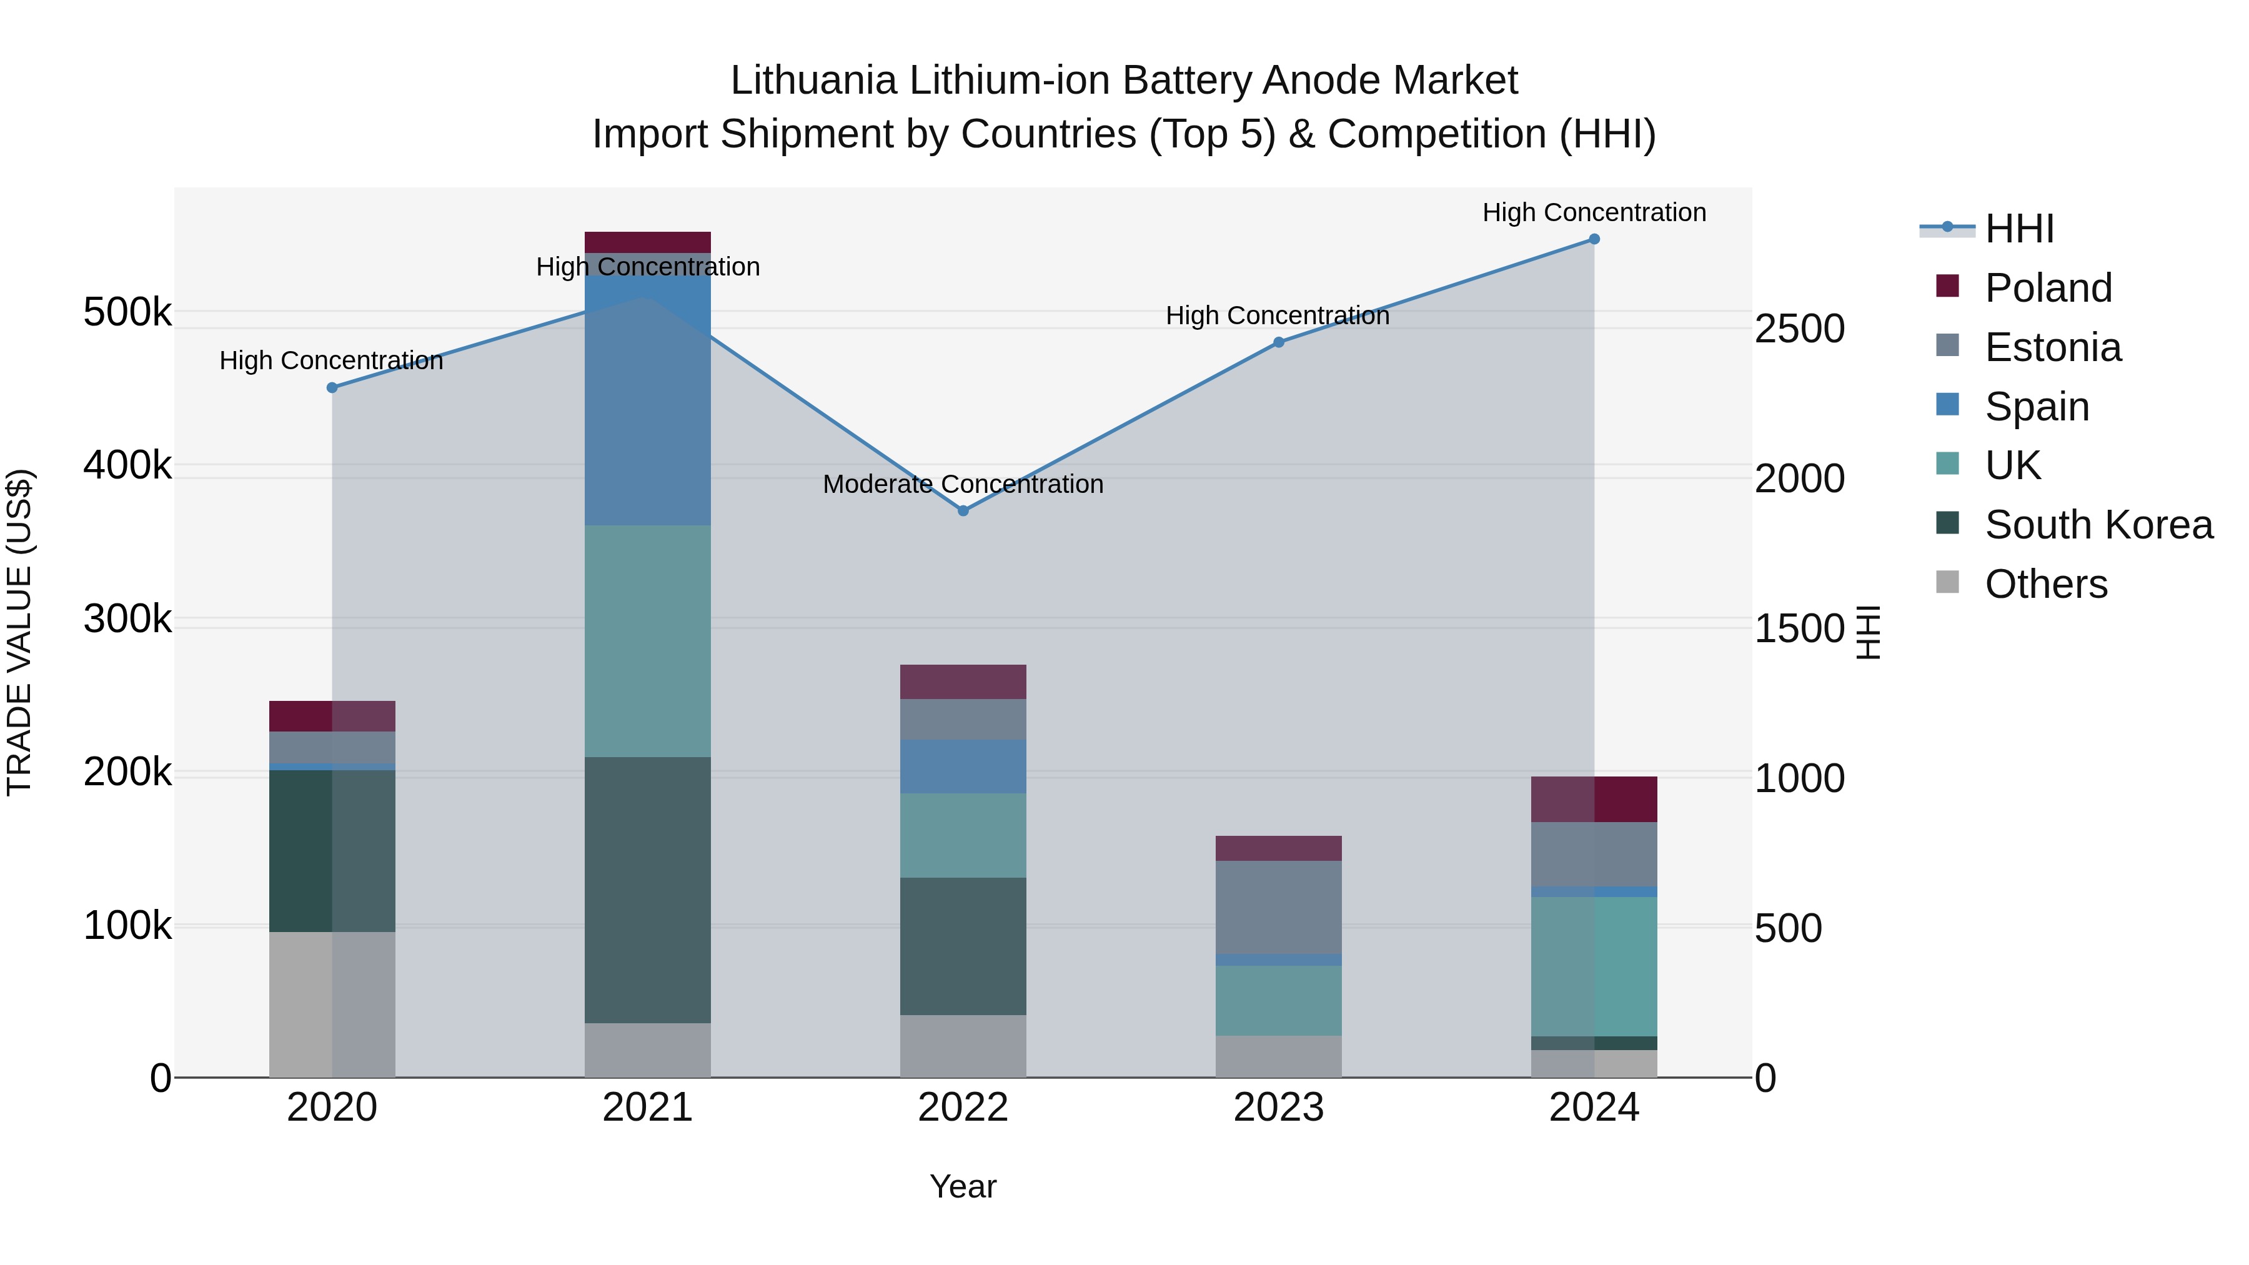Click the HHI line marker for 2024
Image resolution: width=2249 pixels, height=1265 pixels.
[x=1594, y=239]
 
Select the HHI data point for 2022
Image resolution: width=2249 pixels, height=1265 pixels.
[x=963, y=511]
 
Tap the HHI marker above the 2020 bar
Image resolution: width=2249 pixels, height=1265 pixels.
[x=332, y=387]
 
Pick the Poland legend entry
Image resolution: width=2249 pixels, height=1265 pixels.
[x=2047, y=288]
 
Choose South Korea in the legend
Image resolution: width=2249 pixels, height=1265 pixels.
[x=2098, y=525]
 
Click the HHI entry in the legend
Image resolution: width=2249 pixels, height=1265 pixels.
[x=2018, y=229]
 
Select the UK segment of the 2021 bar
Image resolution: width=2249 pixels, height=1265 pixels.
[x=647, y=641]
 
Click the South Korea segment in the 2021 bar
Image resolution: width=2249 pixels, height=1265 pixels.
[x=647, y=890]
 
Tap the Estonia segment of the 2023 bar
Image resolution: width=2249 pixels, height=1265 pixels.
[x=1278, y=907]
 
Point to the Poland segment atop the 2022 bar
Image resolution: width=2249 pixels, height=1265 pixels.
[x=963, y=682]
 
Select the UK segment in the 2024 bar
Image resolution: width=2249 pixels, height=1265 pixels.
[x=1594, y=966]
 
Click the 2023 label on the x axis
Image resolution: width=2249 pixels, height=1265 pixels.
[x=1278, y=1108]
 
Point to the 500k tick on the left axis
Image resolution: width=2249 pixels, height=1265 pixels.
[x=127, y=312]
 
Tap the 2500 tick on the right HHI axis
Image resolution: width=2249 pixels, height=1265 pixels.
[x=1799, y=329]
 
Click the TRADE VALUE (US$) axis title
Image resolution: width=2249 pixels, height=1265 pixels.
[x=19, y=632]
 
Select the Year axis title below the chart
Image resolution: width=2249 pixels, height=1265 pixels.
[x=963, y=1186]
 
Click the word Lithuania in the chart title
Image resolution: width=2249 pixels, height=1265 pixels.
[x=813, y=81]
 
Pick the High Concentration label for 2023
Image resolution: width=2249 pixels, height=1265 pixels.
[x=1278, y=316]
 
